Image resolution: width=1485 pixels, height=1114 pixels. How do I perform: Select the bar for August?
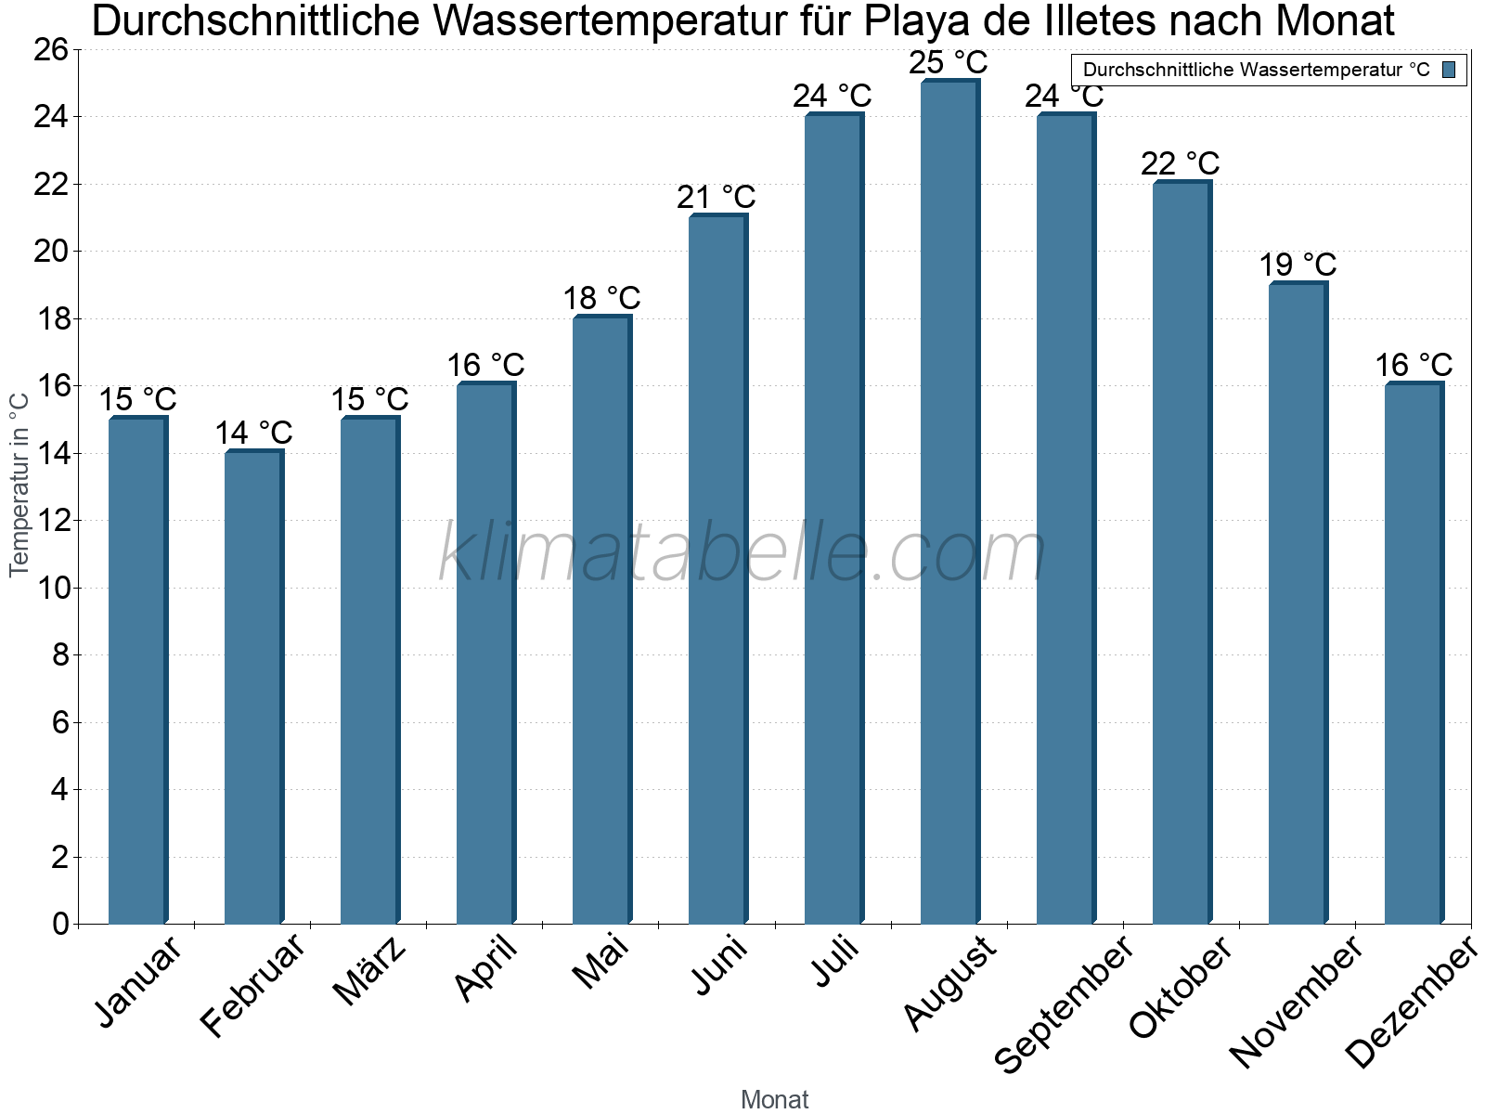pos(949,501)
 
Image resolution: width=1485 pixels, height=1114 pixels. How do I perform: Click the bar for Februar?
pos(253,687)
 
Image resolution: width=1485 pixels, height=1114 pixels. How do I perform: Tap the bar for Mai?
pos(601,620)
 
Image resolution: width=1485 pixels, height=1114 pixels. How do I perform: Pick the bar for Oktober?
pos(1182,552)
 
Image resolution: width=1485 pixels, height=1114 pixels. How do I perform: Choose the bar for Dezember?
pos(1414,654)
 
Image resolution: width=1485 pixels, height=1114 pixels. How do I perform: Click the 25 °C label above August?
pos(949,63)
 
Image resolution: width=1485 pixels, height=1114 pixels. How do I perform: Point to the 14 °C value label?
pos(253,433)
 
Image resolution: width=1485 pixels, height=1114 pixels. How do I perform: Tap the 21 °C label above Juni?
pos(717,197)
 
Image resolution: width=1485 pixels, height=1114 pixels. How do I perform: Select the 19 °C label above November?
pos(1298,265)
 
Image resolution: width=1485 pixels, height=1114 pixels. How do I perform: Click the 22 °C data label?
pos(1181,163)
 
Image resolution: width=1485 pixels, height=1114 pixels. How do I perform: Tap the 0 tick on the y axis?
pos(61,924)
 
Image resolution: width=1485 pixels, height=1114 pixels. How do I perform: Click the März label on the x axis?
pos(369,971)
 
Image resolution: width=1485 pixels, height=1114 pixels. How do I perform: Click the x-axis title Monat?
pos(775,1100)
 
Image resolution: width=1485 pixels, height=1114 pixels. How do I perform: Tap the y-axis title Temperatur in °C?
pos(19,485)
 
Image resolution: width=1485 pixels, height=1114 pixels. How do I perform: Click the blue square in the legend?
pos(1449,69)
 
